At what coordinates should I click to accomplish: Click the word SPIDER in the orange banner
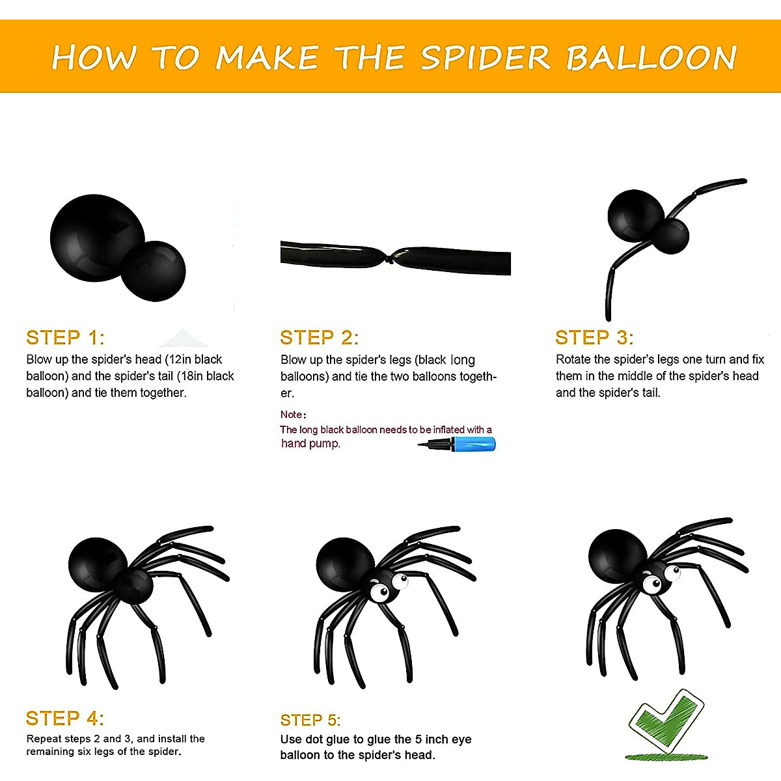click(x=486, y=57)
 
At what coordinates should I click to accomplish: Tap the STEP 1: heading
click(x=65, y=338)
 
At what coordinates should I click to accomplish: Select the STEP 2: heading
click(x=320, y=338)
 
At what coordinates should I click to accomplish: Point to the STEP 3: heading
click(x=594, y=338)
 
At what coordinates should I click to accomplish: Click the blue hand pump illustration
click(x=457, y=445)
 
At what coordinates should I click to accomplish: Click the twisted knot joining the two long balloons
click(x=390, y=257)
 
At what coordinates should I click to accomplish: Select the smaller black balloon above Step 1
click(x=153, y=271)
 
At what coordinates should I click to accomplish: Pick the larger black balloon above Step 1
click(x=97, y=238)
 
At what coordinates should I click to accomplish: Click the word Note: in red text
click(x=294, y=414)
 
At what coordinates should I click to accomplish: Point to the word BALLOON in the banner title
click(x=651, y=57)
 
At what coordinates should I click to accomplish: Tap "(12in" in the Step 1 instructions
click(x=180, y=359)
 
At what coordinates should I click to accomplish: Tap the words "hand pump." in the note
click(x=310, y=444)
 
